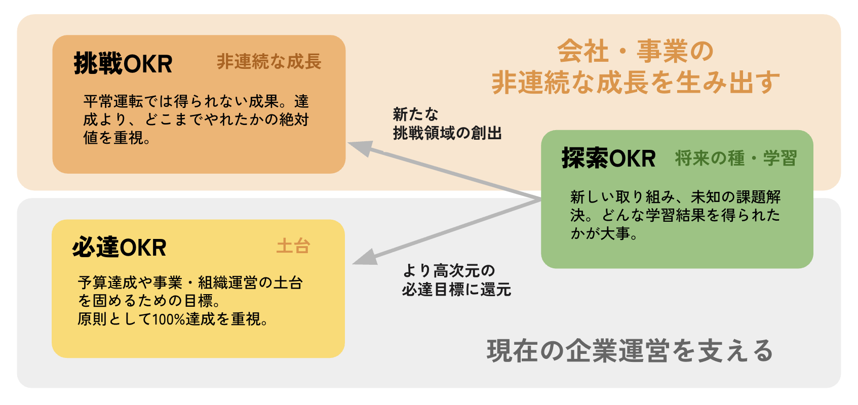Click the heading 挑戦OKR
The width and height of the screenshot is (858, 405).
(123, 64)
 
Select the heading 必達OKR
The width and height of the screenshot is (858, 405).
(120, 248)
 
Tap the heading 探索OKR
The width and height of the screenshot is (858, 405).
(608, 158)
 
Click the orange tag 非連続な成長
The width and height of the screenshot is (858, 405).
(269, 62)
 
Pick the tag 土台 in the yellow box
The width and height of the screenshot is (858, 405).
(293, 247)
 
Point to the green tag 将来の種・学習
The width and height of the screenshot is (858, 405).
(735, 158)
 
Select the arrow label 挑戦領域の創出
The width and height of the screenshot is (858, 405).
(447, 133)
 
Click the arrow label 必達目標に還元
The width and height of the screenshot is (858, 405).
(456, 290)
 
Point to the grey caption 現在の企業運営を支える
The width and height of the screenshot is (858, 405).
(630, 351)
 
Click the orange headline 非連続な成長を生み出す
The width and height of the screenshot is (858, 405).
(635, 83)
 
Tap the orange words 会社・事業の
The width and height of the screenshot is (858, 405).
(635, 51)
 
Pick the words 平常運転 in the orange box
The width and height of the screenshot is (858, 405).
(113, 101)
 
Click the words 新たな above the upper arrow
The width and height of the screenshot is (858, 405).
(415, 114)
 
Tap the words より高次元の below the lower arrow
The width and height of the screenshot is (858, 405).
(449, 271)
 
